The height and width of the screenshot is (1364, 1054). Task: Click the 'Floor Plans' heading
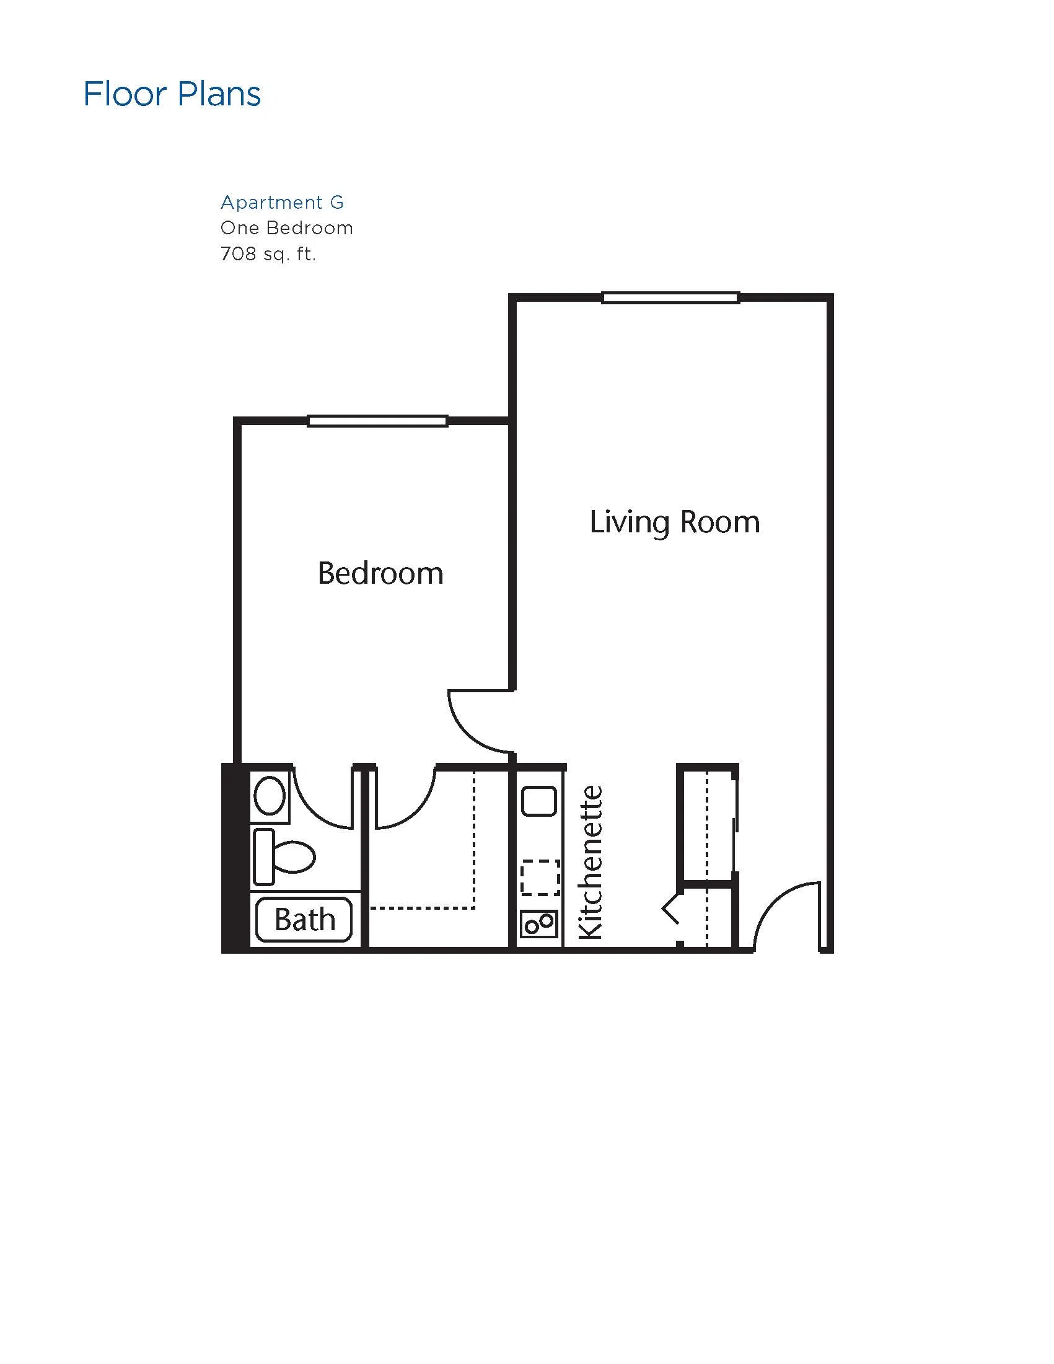tap(172, 94)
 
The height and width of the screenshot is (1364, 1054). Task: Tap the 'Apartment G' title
tap(282, 203)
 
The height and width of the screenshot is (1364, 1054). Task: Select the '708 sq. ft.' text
tap(268, 253)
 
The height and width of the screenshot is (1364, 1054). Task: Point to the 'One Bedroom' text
tap(287, 228)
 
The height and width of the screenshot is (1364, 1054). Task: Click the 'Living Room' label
tap(675, 522)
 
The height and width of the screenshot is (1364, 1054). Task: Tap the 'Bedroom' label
tap(380, 573)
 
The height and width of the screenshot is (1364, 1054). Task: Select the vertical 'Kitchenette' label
tap(591, 863)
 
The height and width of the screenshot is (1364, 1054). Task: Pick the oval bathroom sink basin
tap(270, 795)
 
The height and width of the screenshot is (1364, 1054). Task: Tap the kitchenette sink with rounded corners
tap(539, 802)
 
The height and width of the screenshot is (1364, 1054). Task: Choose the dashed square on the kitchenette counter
tap(540, 878)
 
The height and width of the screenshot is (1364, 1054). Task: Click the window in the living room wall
tap(670, 298)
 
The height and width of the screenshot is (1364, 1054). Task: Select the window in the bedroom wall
tap(378, 421)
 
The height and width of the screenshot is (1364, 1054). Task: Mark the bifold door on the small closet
tap(671, 913)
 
